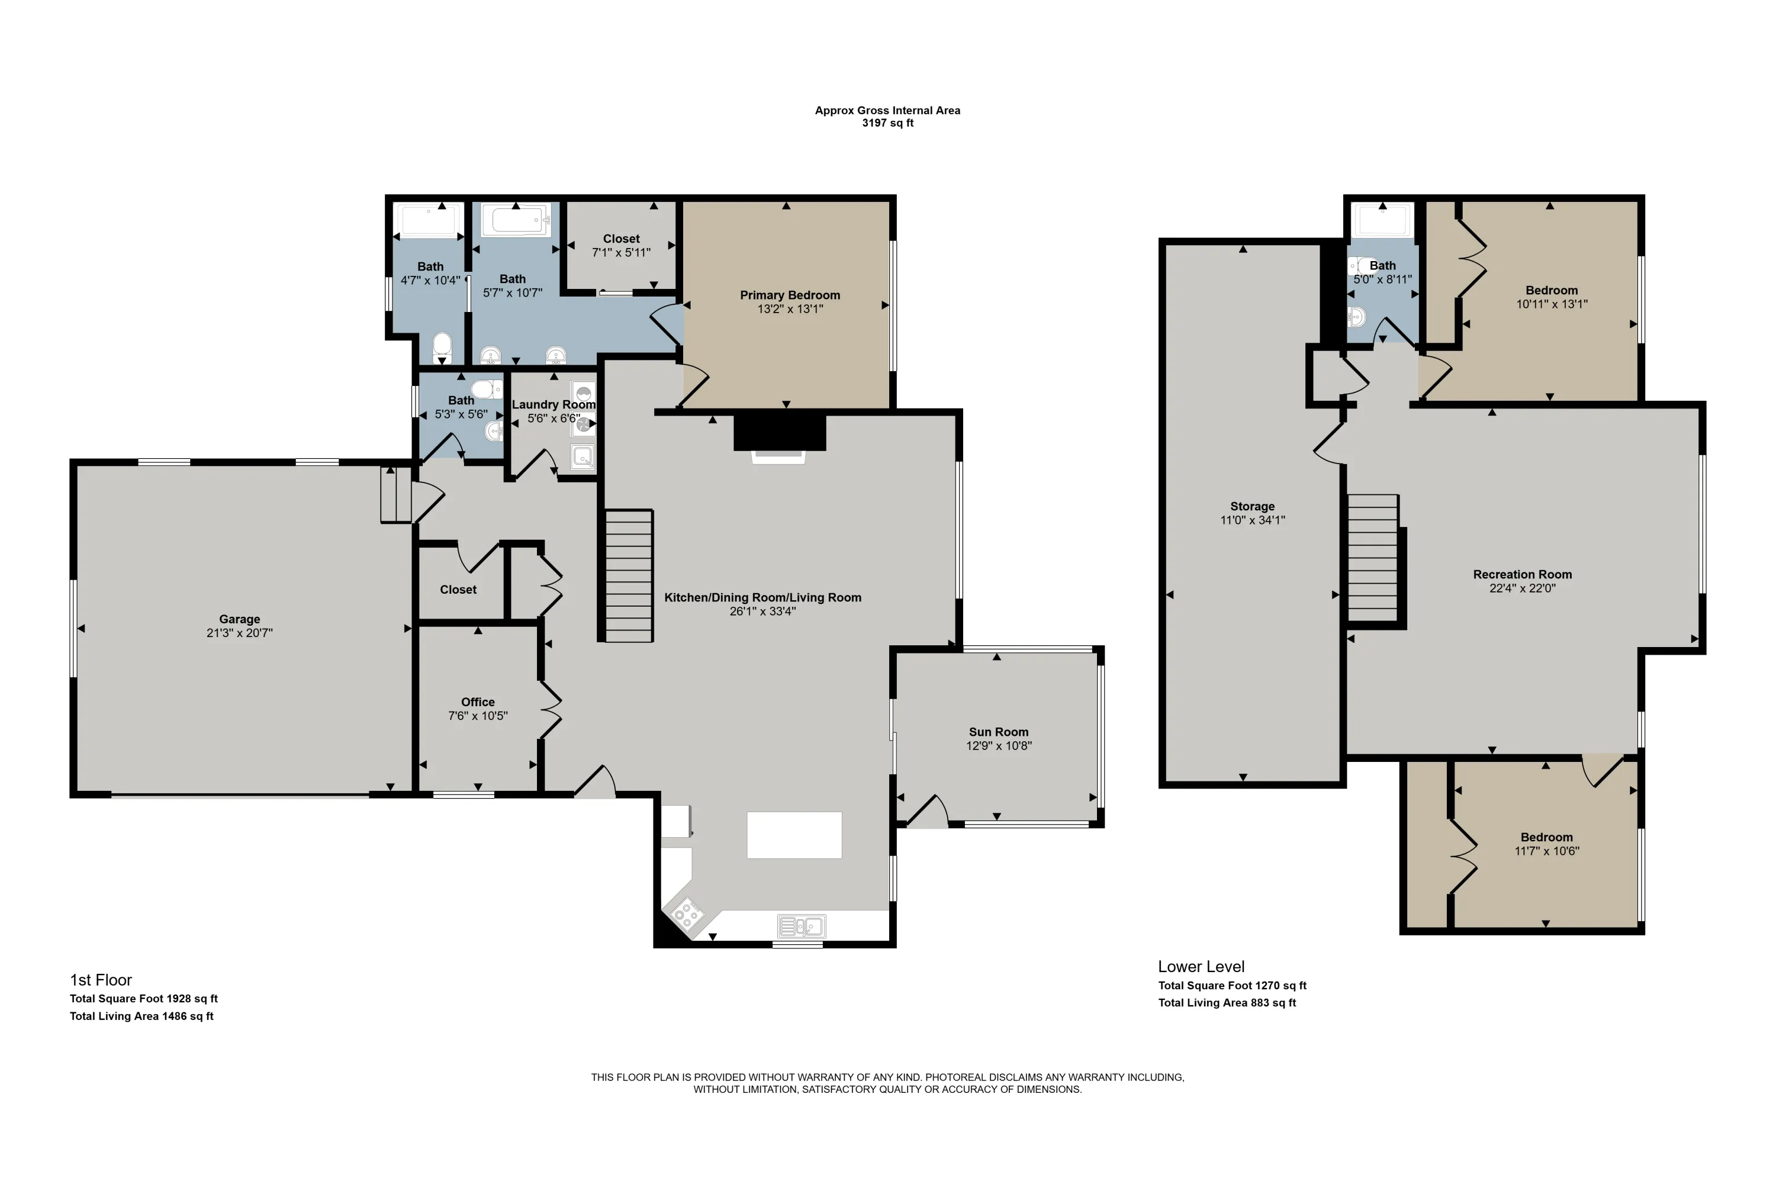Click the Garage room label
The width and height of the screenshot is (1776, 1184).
click(x=239, y=619)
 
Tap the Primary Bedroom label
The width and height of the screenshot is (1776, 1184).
click(x=790, y=295)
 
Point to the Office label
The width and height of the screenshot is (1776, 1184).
click(x=478, y=702)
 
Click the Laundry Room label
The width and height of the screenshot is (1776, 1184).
click(x=554, y=405)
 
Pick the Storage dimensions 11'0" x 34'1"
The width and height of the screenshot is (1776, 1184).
click(x=1253, y=520)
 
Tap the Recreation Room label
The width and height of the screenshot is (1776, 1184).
click(x=1522, y=575)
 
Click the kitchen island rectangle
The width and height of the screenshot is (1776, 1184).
click(x=794, y=835)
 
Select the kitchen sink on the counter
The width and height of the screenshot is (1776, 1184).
click(x=801, y=926)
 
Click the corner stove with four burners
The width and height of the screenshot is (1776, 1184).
click(x=686, y=913)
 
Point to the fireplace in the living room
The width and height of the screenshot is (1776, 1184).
click(x=779, y=438)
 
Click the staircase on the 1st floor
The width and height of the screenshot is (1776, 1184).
click(x=629, y=576)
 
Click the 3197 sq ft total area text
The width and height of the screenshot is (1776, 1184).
click(x=888, y=123)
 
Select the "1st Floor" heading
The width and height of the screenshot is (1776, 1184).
click(x=101, y=980)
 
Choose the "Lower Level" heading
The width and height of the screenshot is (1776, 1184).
click(x=1201, y=967)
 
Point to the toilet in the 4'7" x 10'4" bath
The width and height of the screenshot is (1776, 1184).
click(x=442, y=348)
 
